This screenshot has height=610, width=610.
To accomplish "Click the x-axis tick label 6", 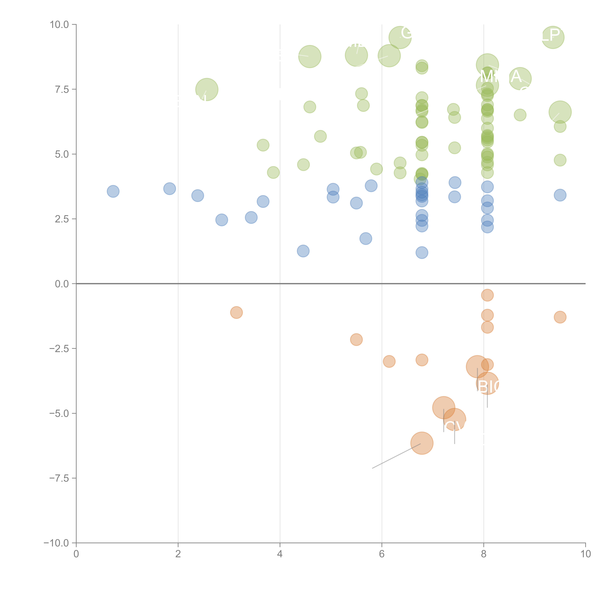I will [382, 554].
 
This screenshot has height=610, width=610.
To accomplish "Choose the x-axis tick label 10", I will [585, 554].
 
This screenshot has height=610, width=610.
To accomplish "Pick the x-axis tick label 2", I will [178, 554].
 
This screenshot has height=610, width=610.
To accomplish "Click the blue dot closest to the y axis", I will [113, 191].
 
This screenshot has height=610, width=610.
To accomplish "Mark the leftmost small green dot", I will [263, 145].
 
